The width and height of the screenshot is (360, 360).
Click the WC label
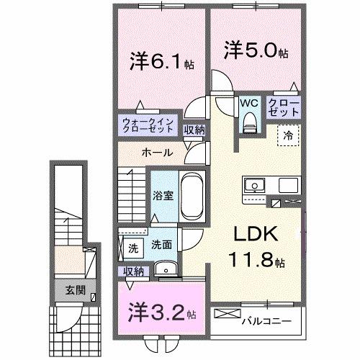[x=249, y=103]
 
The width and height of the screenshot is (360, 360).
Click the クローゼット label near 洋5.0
[x=285, y=108]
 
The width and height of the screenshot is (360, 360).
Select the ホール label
[x=156, y=153]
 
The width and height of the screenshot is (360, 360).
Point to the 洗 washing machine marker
[x=133, y=248]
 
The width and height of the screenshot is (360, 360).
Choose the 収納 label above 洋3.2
[x=134, y=271]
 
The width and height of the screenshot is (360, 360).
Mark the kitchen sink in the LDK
[x=254, y=188]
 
